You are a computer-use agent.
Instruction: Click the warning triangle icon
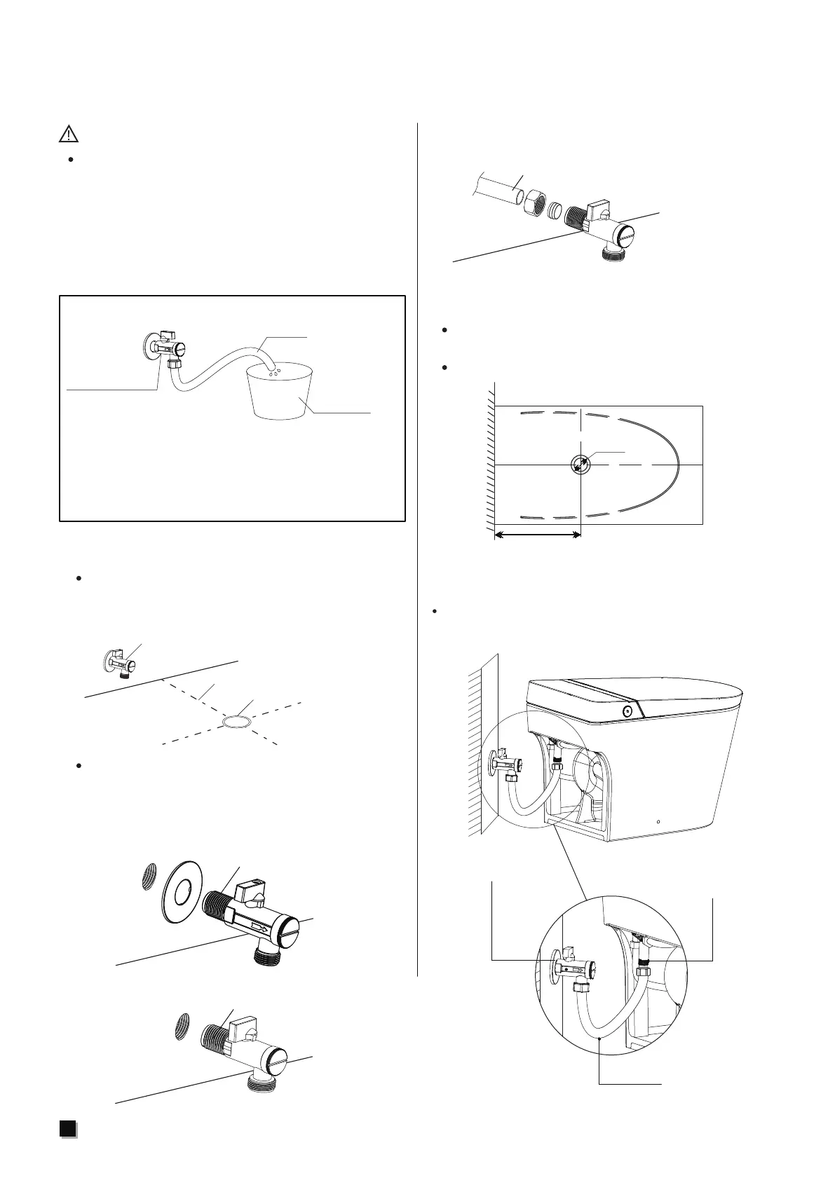[x=68, y=133]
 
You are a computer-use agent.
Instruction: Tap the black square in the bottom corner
[x=67, y=1147]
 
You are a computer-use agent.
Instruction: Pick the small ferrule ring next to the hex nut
[x=556, y=209]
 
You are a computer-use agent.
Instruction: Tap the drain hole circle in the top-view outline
[x=581, y=465]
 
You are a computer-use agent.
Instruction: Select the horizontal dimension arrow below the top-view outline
[x=538, y=535]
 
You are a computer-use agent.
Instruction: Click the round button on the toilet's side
[x=627, y=711]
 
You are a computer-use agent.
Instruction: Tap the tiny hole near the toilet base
[x=659, y=821]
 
